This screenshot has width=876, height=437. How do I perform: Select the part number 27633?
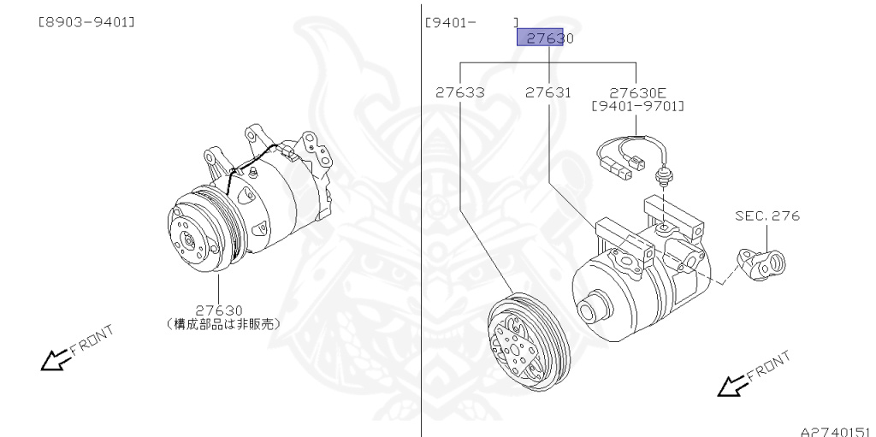coord(460,92)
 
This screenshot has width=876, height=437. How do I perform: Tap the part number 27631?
coord(548,92)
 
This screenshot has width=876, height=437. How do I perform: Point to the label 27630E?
coord(638,92)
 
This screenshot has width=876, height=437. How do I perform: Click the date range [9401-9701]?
coord(638,106)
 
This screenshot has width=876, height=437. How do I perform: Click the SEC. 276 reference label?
coord(767,216)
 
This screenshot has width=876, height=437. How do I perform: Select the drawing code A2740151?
coord(836,430)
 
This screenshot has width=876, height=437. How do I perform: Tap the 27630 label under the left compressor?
coord(219,310)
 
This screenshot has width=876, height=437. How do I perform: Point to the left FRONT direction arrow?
coord(55,360)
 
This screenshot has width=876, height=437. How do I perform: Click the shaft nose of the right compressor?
coord(589,308)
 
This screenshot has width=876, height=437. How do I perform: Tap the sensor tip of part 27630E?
coord(663,178)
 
